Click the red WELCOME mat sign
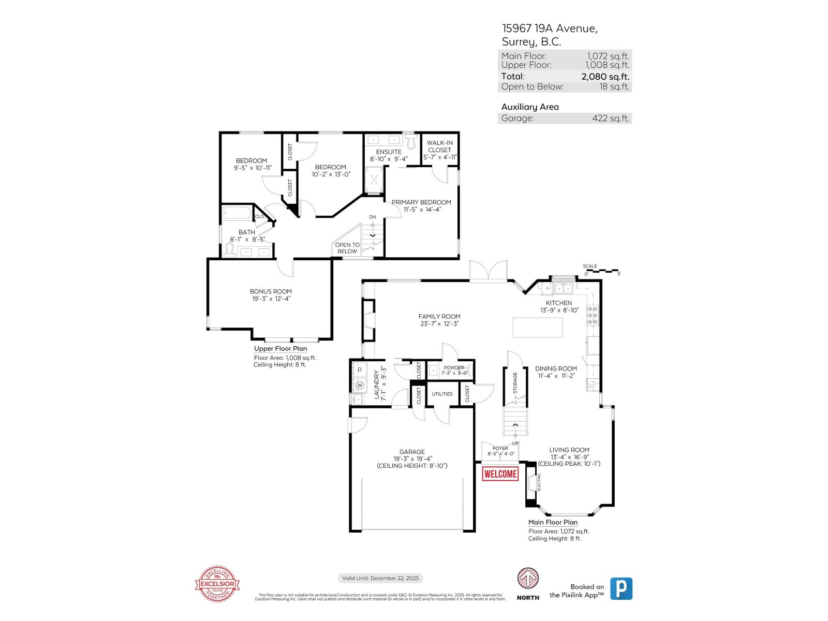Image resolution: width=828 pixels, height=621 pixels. [x=500, y=474]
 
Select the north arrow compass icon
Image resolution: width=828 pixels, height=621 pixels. [x=528, y=578]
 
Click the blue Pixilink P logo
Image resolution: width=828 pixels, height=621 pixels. [x=621, y=588]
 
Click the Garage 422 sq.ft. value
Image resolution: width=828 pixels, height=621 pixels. [x=611, y=119]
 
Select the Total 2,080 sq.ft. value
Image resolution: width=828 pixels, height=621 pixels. [x=605, y=77]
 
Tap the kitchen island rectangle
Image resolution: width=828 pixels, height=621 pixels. [x=538, y=328]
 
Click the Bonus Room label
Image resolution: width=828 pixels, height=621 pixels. [x=271, y=291]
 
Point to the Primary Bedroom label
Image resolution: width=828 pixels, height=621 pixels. [x=421, y=202]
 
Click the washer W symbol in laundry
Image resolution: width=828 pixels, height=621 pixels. [x=359, y=385]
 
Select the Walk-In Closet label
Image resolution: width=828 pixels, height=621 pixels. [x=440, y=146]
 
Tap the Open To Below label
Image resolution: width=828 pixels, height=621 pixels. [x=347, y=248]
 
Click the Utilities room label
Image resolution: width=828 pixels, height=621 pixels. [x=442, y=394]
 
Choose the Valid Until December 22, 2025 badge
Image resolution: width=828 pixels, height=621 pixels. [x=380, y=578]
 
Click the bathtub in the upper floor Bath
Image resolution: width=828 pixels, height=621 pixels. [x=236, y=214]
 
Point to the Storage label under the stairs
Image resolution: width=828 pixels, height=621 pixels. [x=515, y=383]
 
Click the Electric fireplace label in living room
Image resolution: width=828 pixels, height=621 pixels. [x=539, y=482]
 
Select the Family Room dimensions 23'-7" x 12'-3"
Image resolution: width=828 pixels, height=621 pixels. [x=439, y=324]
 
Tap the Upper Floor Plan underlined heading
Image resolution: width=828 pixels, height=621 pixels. [x=280, y=349]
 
